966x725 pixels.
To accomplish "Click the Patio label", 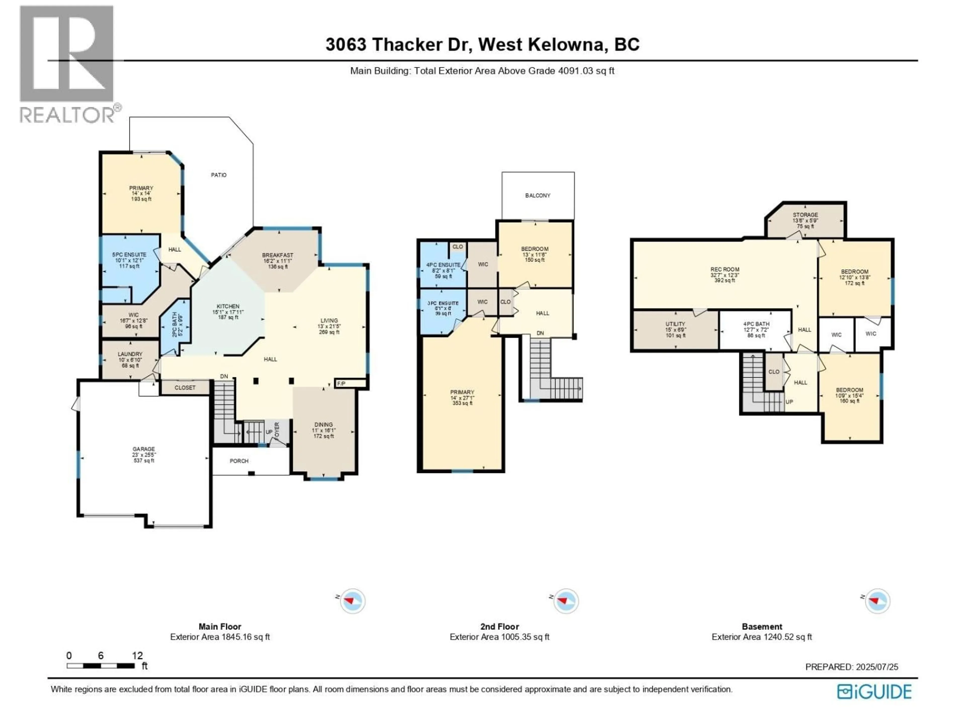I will click(x=219, y=175).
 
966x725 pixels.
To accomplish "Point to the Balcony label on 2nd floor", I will click(x=538, y=195).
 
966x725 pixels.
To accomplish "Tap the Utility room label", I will click(x=675, y=324).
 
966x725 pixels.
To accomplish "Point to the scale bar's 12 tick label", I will click(x=137, y=656).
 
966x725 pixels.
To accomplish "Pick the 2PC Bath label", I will click(x=174, y=324).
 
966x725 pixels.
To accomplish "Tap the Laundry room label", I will click(x=130, y=354).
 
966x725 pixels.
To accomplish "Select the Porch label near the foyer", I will click(x=239, y=461).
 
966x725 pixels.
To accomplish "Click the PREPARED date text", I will click(x=852, y=667).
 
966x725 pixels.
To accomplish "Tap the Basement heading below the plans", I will click(x=762, y=626).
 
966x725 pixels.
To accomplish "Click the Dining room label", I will click(x=324, y=425).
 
